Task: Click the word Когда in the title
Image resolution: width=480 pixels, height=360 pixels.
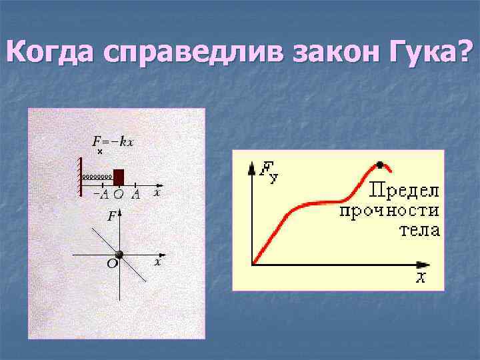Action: (51, 51)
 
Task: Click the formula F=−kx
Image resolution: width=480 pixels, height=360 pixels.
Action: (113, 141)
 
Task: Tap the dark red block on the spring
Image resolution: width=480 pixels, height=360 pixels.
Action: (119, 177)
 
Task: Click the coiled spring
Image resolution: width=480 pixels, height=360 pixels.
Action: (97, 178)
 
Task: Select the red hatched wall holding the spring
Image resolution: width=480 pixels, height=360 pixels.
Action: (81, 176)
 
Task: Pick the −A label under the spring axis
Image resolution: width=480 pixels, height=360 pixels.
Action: (101, 195)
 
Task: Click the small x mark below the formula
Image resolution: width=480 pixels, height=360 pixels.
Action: (100, 152)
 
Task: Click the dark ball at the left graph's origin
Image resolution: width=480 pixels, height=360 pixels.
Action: (119, 255)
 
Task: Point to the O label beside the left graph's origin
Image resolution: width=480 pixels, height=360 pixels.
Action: (111, 265)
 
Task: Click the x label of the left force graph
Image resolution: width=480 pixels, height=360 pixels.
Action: (158, 262)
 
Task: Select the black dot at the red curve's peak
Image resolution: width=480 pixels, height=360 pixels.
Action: (379, 165)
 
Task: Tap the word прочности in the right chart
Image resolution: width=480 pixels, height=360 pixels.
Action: (389, 211)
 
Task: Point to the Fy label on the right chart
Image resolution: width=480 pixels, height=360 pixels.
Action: (269, 171)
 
